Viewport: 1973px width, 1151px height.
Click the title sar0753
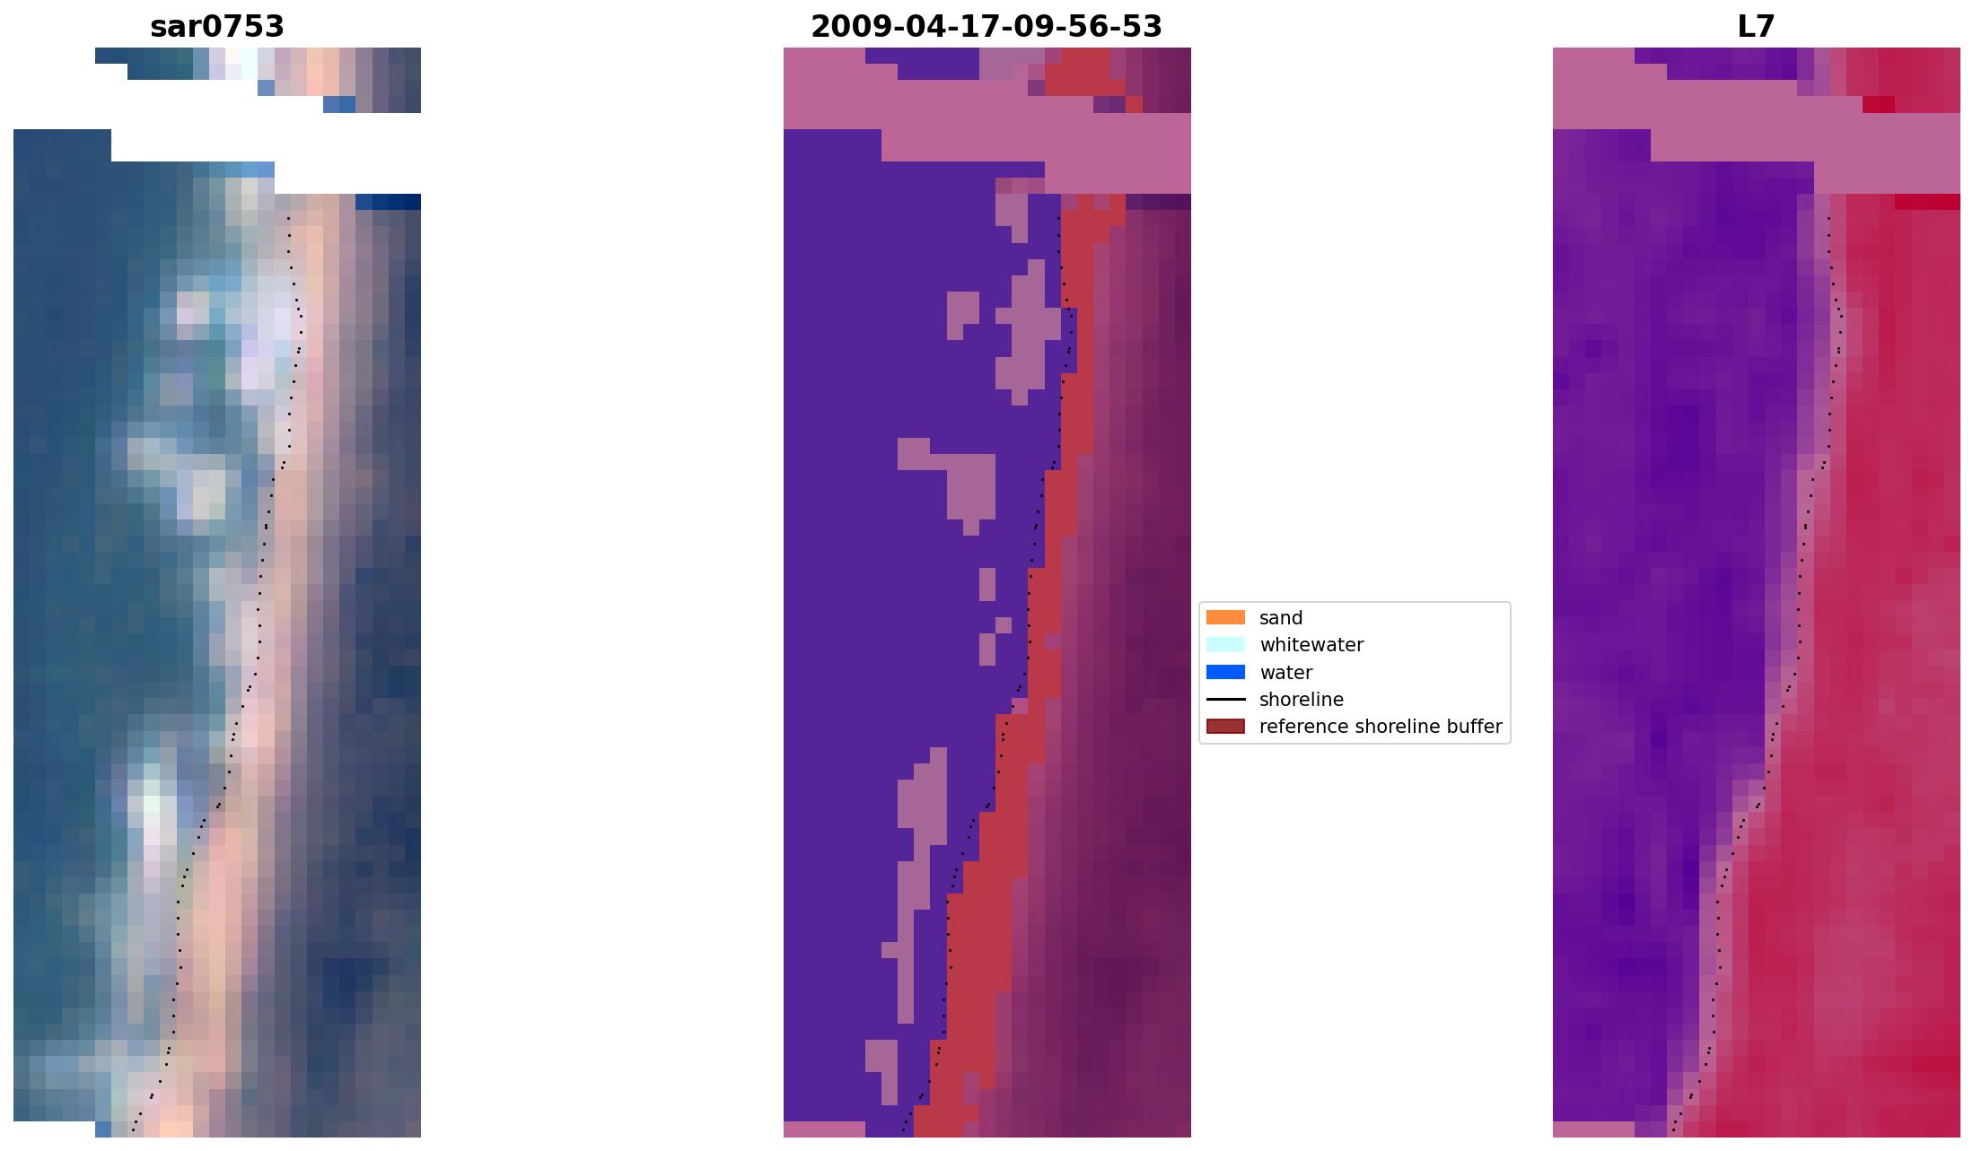217,27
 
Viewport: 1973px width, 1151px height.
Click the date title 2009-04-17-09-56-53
986,27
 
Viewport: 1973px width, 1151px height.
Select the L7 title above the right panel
1756,27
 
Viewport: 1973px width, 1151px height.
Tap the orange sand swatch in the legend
1225,617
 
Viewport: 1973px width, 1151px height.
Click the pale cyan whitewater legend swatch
1225,645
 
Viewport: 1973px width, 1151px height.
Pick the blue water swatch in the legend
1225,672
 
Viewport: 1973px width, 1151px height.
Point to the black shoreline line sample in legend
1225,700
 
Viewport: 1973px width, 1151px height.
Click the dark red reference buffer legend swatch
1225,727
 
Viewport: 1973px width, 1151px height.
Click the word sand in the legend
1281,618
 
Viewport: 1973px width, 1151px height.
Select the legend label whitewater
1311,645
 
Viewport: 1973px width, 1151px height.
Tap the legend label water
1285,673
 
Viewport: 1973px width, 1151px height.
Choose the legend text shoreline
1302,700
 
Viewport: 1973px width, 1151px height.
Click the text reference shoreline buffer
1381,727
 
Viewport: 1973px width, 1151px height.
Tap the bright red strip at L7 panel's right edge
1927,202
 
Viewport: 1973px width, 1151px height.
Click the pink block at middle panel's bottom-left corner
824,1129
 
